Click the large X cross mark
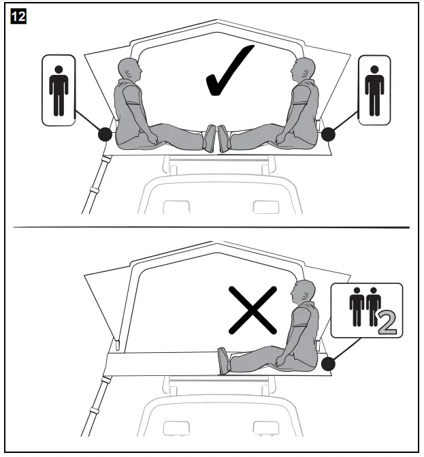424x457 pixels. [253, 311]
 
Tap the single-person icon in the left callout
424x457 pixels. [59, 91]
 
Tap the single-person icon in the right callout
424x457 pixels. [374, 91]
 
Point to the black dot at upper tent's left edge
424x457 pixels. [105, 133]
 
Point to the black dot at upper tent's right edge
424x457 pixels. [328, 133]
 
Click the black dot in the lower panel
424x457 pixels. [328, 364]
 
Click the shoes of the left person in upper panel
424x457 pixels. [210, 138]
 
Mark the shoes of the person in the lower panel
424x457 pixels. [223, 361]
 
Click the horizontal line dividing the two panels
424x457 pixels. [212, 226]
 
